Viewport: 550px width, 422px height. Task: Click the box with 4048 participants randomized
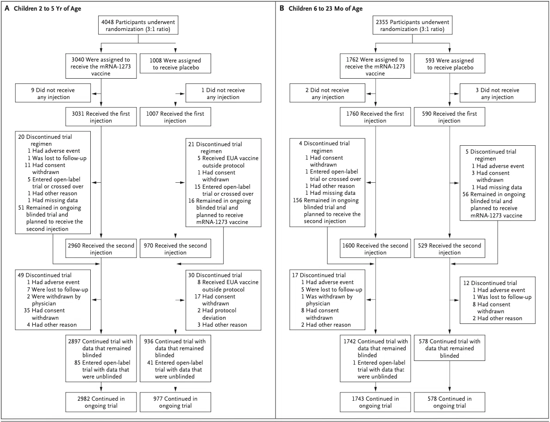pyautogui.click(x=138, y=25)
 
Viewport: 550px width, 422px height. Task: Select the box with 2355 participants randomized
pyautogui.click(x=412, y=25)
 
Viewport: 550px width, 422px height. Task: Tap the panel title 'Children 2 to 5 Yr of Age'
pyautogui.click(x=47, y=8)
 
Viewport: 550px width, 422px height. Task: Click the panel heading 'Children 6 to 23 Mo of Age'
pyautogui.click(x=325, y=8)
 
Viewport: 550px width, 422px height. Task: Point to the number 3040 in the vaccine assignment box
pyautogui.click(x=77, y=60)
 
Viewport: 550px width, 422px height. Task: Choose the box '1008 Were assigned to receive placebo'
pyautogui.click(x=175, y=63)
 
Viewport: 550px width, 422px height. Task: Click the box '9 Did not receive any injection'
pyautogui.click(x=53, y=93)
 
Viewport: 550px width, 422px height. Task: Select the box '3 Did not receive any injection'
pyautogui.click(x=497, y=93)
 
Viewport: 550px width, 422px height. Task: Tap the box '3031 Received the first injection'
pyautogui.click(x=101, y=117)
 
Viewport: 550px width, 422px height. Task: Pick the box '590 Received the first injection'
pyautogui.click(x=450, y=117)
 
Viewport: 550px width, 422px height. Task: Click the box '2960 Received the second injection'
pyautogui.click(x=101, y=249)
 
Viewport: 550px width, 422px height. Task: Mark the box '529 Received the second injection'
pyautogui.click(x=450, y=249)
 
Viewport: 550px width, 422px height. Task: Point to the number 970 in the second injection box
pyautogui.click(x=148, y=246)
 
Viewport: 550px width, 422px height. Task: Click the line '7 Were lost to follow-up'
pyautogui.click(x=57, y=290)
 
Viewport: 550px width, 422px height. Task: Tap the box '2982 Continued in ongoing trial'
pyautogui.click(x=101, y=402)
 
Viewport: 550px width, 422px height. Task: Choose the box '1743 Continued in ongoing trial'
pyautogui.click(x=375, y=402)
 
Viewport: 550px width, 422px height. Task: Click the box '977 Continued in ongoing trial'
pyautogui.click(x=175, y=402)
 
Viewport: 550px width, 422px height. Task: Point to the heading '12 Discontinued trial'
pyautogui.click(x=490, y=283)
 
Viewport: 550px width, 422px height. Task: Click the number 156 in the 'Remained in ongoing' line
pyautogui.click(x=297, y=200)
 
